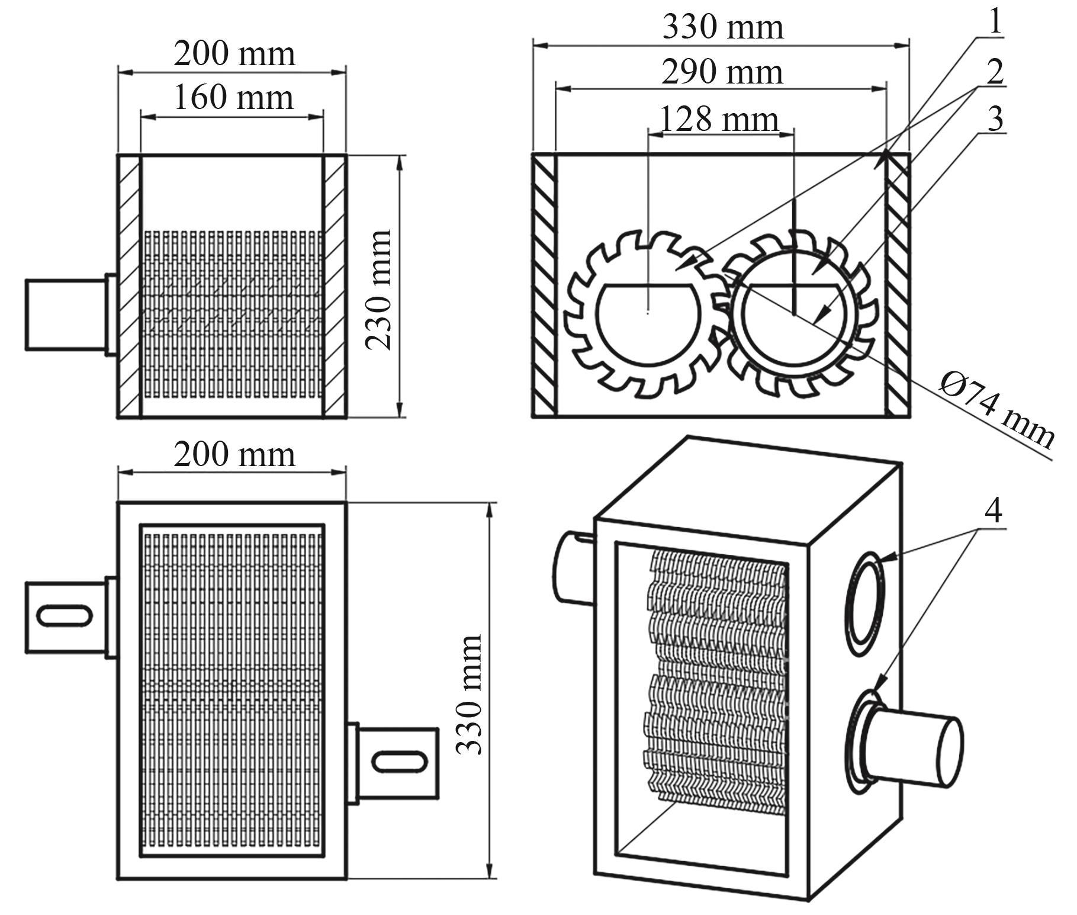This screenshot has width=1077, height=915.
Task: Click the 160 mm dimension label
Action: pos(233,98)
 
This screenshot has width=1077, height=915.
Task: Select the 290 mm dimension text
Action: pos(722,73)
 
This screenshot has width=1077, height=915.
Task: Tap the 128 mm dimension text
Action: pos(718,120)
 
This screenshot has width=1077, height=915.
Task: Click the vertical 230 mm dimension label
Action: pos(379,290)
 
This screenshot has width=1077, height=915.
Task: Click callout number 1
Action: pos(995,23)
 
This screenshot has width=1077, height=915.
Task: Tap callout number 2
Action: pos(995,72)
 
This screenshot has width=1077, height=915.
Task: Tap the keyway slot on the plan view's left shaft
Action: pos(65,615)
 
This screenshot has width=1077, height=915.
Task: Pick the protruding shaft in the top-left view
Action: pos(65,314)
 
